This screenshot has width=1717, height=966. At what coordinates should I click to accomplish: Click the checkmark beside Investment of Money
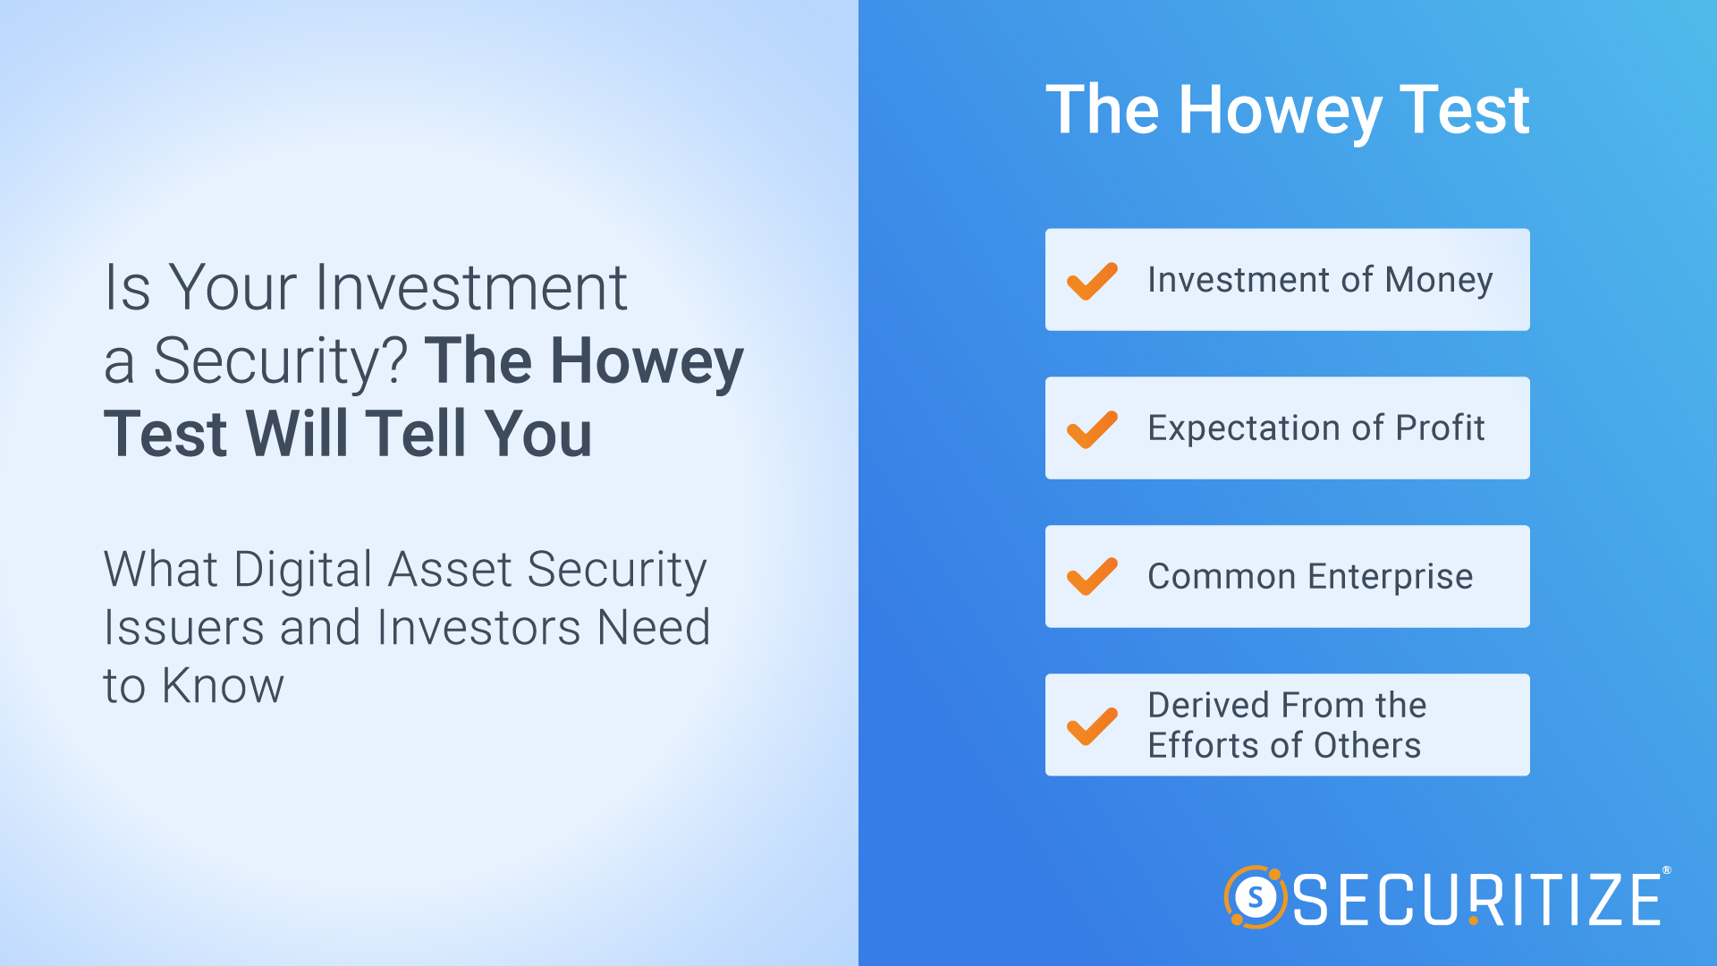tap(1091, 281)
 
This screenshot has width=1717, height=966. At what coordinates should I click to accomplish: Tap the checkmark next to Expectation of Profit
tap(1091, 429)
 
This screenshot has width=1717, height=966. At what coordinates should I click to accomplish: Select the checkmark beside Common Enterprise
tap(1091, 577)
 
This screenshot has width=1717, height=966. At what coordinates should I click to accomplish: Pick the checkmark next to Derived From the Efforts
tap(1091, 725)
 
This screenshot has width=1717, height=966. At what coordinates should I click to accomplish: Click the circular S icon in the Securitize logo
tap(1256, 897)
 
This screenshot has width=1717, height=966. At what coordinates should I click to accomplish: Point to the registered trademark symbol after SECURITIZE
tap(1666, 870)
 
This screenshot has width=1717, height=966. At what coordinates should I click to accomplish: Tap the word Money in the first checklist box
tap(1439, 281)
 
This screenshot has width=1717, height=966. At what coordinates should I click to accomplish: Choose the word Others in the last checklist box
tap(1367, 745)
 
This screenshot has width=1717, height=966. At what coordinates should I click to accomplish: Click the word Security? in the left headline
tap(281, 362)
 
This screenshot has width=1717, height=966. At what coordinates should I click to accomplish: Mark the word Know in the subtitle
tap(223, 686)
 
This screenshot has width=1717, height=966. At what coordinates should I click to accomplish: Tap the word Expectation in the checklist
tap(1244, 428)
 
